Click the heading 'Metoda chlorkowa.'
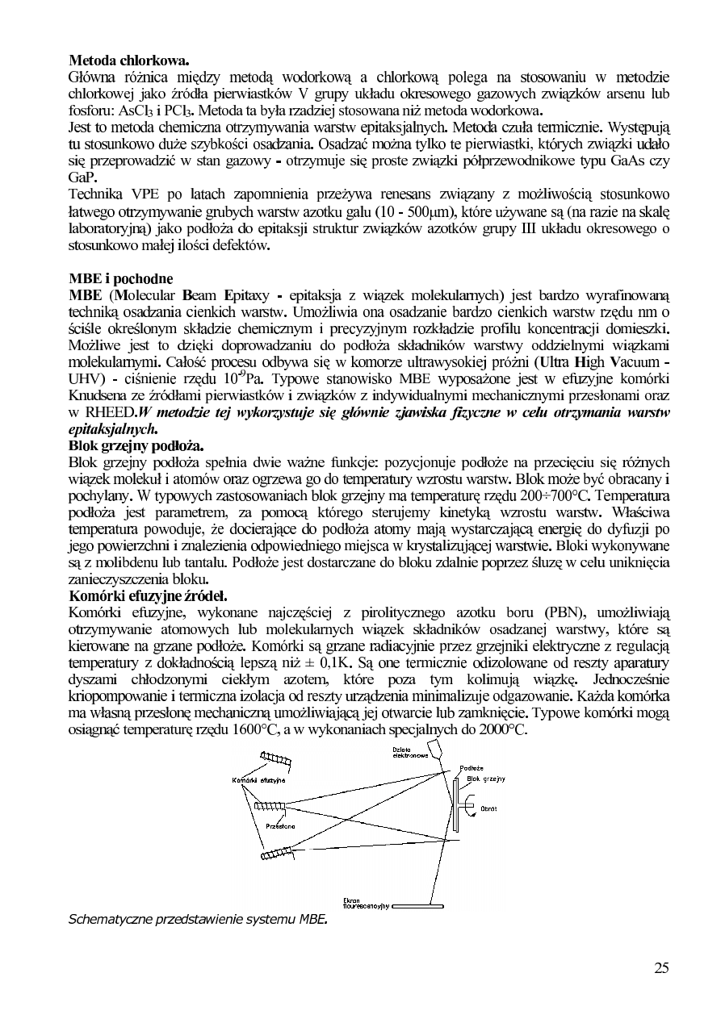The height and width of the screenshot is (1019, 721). click(x=129, y=61)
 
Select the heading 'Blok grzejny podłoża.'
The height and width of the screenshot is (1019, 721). click(x=136, y=446)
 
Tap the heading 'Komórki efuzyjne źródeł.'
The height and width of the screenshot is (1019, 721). click(x=149, y=596)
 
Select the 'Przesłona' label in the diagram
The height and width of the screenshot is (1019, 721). click(x=280, y=827)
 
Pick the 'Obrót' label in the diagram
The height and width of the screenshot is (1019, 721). click(x=488, y=808)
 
